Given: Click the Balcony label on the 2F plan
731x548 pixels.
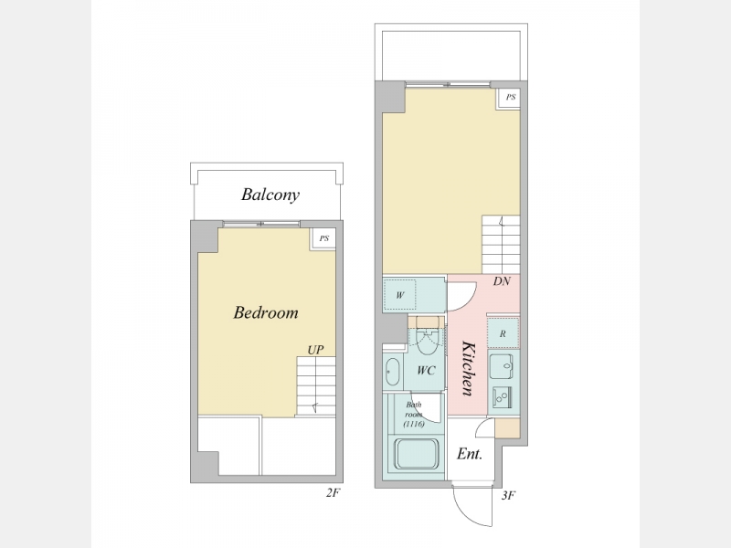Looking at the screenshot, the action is click(x=270, y=195).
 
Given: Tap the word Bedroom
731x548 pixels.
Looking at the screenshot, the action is click(x=266, y=312).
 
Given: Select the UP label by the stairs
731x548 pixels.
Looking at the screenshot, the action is click(x=315, y=350).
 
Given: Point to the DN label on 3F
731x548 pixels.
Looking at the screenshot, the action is click(x=502, y=281).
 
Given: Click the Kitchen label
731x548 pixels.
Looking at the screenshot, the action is click(x=468, y=368).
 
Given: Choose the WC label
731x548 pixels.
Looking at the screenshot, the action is click(x=426, y=371).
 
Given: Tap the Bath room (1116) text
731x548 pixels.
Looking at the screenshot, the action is click(x=414, y=415).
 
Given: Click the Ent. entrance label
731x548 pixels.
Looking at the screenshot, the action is click(x=470, y=454).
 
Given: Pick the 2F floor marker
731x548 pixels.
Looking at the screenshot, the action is click(x=333, y=493).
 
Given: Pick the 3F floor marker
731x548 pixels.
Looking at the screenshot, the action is click(x=508, y=495).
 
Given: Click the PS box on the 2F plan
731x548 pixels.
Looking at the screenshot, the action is click(x=323, y=238).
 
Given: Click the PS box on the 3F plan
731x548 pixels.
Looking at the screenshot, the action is click(x=510, y=98).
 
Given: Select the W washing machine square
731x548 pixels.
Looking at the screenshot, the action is click(x=400, y=295).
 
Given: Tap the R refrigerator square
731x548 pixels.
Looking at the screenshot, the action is click(x=503, y=333).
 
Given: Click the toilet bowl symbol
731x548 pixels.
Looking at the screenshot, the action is click(x=427, y=342).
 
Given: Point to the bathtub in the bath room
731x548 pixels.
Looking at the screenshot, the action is click(x=417, y=454).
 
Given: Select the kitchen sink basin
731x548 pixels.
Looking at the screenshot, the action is click(x=501, y=367).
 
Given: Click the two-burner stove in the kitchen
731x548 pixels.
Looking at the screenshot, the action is click(x=502, y=397).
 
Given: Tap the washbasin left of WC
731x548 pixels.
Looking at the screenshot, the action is click(x=393, y=372).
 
